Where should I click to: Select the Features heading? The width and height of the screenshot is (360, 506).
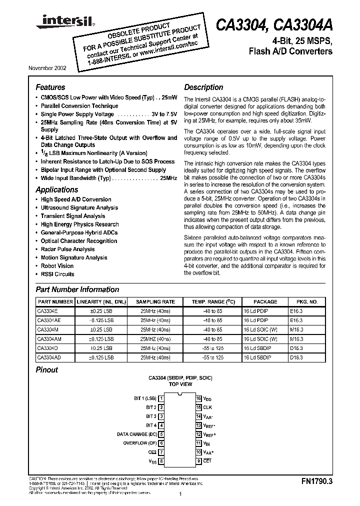(50, 87)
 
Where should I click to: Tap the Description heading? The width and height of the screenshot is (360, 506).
(203, 87)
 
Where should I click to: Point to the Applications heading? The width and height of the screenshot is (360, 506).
(57, 189)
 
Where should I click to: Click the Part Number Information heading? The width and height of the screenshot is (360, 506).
(77, 289)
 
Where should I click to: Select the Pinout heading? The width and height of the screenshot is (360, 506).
(47, 370)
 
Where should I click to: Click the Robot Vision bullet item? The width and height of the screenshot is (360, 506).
(57, 266)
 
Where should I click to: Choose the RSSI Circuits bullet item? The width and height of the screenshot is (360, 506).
(57, 274)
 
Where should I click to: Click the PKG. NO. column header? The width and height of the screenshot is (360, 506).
(306, 302)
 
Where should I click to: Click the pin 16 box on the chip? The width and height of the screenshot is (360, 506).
(198, 398)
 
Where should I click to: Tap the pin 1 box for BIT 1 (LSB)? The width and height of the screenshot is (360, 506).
(161, 398)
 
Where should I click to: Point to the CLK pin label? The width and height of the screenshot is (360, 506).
(207, 407)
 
